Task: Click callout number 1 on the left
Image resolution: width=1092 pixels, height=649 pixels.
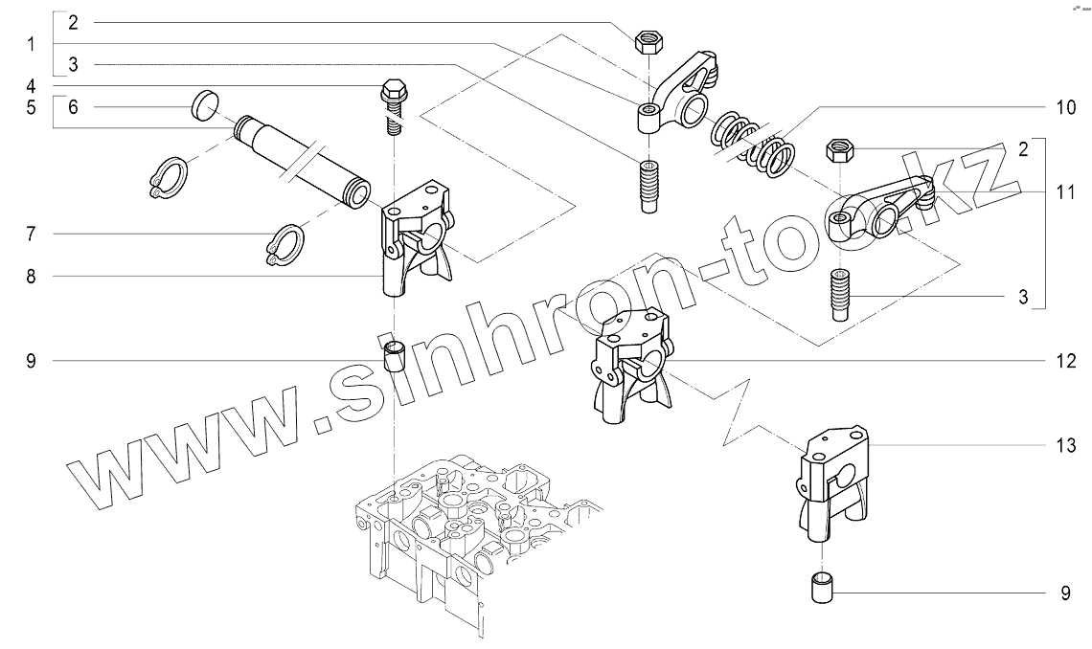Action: [x=31, y=45]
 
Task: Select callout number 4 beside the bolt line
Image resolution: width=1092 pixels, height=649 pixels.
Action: [x=31, y=86]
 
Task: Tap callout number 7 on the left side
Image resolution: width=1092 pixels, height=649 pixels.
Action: [x=31, y=234]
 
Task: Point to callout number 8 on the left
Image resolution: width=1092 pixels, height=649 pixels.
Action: [x=31, y=276]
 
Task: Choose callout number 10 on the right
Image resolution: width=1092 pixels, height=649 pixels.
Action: [x=1065, y=107]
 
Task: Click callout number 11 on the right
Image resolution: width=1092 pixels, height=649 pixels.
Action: [x=1065, y=192]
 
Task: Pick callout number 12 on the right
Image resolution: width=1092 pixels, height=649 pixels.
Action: [x=1065, y=361]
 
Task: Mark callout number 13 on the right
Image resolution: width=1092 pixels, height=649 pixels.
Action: [x=1065, y=445]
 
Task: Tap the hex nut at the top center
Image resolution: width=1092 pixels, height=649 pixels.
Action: [x=648, y=42]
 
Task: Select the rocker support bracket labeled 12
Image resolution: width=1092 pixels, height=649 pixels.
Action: [x=631, y=366]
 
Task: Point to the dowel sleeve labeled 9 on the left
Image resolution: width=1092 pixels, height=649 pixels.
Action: [x=396, y=355]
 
